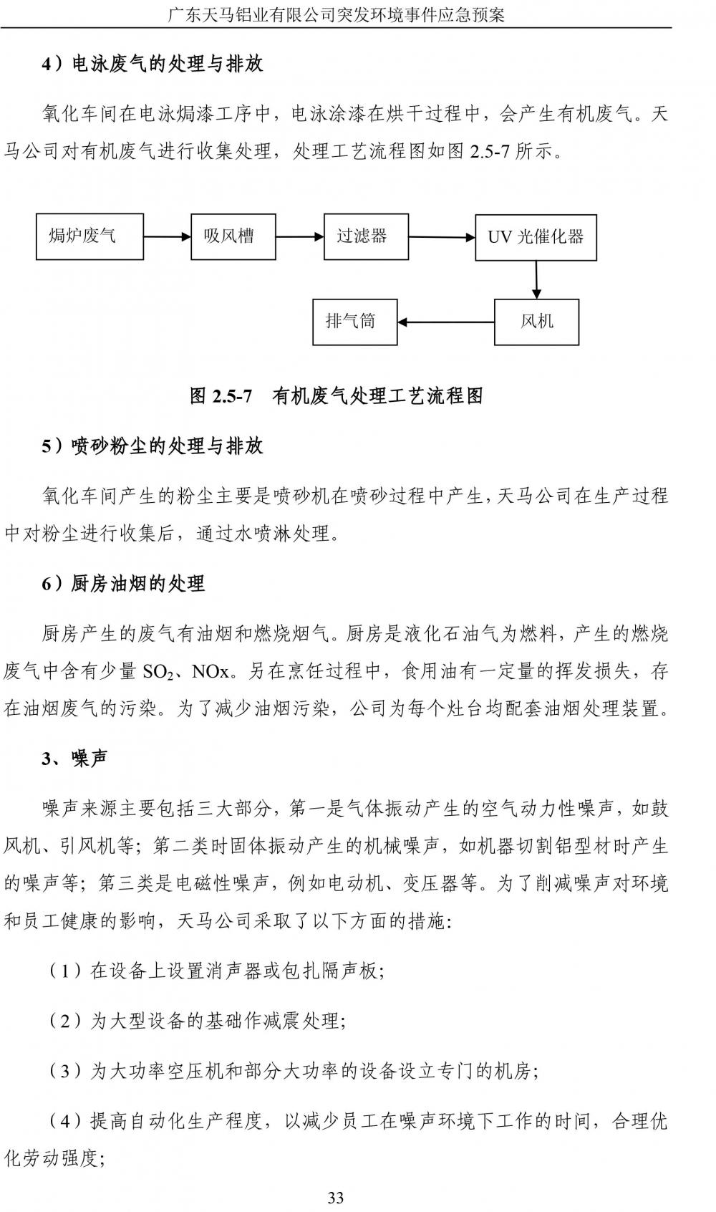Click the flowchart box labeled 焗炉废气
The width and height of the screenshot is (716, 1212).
(89, 236)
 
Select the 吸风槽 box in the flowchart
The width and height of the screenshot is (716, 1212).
(233, 236)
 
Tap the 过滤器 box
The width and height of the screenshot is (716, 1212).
(366, 236)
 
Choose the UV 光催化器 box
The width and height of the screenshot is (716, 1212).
(536, 237)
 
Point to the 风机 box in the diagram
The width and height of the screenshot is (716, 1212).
(536, 322)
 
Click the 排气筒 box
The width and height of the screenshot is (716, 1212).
(354, 322)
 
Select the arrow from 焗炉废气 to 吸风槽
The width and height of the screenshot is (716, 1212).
(167, 236)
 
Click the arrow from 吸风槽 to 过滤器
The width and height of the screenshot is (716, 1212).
(299, 236)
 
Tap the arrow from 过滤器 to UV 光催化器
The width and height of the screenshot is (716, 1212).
(442, 237)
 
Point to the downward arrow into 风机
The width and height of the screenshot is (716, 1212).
(536, 279)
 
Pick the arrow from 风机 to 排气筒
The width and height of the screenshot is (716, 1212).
(446, 322)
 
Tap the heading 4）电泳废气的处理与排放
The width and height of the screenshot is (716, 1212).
(153, 64)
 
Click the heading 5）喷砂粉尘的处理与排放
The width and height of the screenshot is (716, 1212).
(153, 446)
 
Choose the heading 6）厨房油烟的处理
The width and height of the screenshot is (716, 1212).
(123, 584)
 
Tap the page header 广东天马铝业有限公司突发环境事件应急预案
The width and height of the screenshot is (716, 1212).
(336, 14)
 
